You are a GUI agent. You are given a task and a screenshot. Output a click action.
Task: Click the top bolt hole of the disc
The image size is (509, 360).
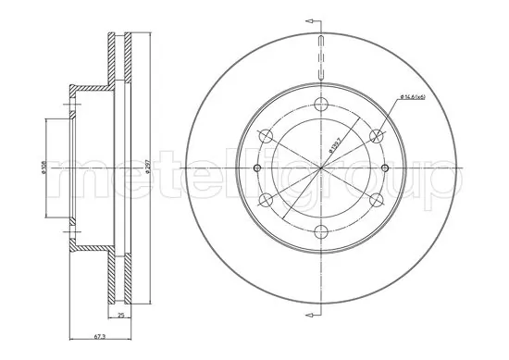click(319, 103)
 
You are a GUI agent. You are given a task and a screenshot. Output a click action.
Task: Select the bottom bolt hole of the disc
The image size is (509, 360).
click(319, 231)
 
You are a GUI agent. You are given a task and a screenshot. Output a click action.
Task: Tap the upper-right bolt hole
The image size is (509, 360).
click(376, 136)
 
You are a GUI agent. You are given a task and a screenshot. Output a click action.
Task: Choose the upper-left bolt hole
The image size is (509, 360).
click(264, 135)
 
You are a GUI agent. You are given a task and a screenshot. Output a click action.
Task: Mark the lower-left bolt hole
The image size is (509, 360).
click(264, 200)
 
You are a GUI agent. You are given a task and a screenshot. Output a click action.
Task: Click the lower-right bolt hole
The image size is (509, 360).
click(376, 200)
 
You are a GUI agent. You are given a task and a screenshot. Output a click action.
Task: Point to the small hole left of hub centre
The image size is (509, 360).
click(256, 168)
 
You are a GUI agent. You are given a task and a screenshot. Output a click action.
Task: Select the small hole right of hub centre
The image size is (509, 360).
click(383, 168)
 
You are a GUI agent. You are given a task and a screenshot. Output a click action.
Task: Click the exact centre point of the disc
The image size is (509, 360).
click(319, 168)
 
